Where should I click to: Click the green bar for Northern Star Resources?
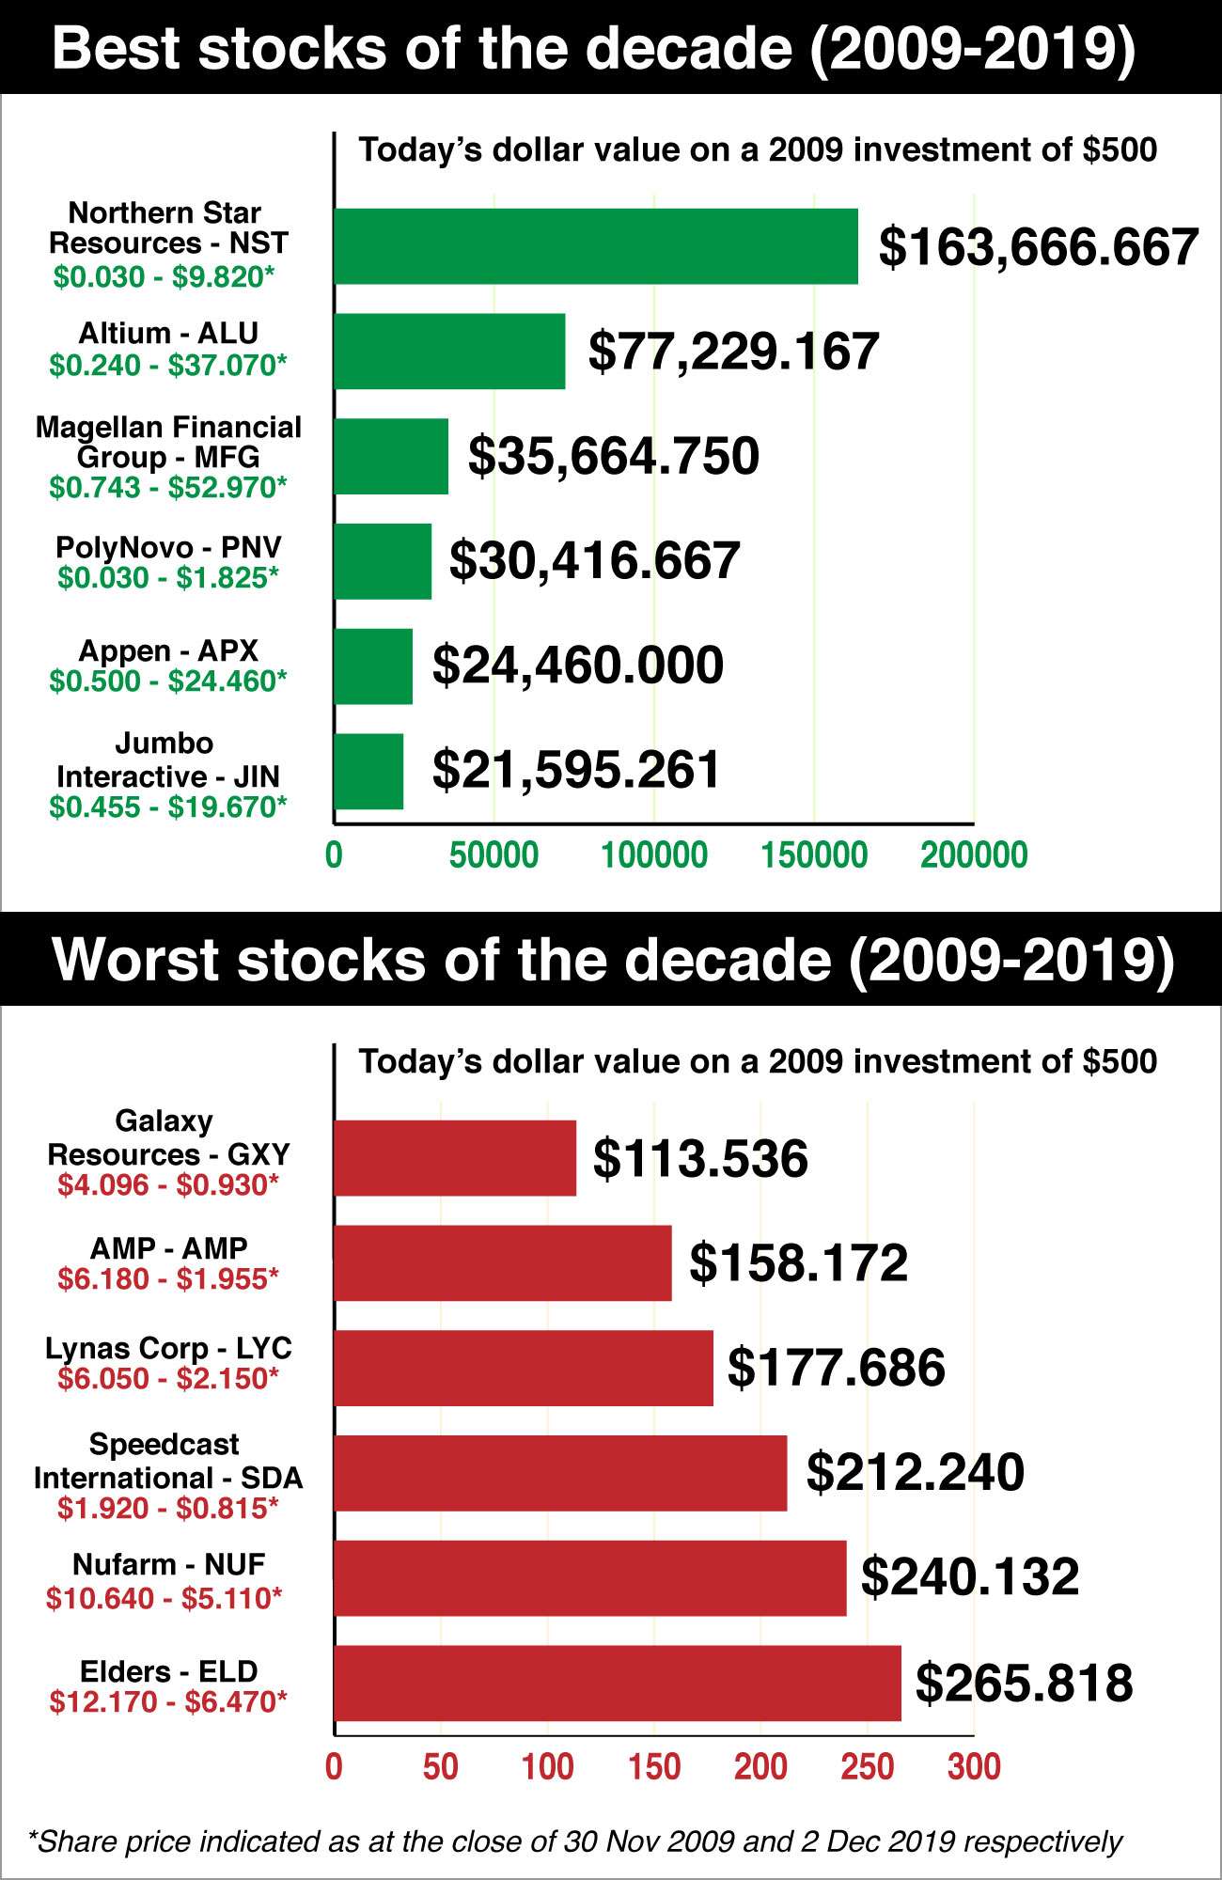coord(596,246)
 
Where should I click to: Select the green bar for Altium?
coord(449,352)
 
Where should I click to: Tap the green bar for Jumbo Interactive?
coord(368,771)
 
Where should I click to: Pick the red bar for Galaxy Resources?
coord(455,1158)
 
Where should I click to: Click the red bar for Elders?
coord(618,1683)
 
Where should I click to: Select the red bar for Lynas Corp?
coord(524,1368)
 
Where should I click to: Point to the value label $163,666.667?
coord(1038,247)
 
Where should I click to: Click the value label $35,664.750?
coord(614,456)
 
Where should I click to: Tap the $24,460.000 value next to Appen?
coord(578,666)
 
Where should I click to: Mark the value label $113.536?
coord(700,1158)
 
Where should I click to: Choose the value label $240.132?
coord(970,1576)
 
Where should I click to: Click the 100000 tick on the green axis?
coord(654,855)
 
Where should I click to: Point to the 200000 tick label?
coord(974,855)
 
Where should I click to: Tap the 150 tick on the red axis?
coord(654,1767)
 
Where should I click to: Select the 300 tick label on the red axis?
coord(974,1767)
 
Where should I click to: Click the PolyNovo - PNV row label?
coord(168,547)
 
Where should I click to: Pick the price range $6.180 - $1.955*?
coord(168,1278)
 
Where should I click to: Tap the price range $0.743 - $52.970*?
coord(168,487)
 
